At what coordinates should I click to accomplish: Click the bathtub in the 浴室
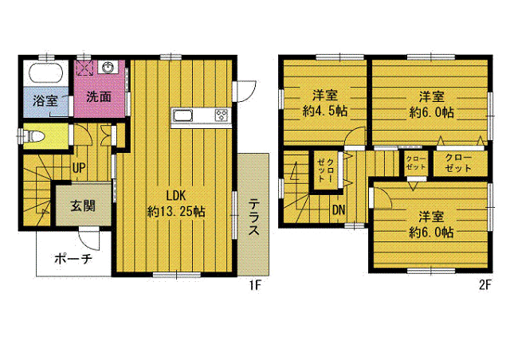click(45, 73)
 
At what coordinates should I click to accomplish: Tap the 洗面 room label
click(99, 96)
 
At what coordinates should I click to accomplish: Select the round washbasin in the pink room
click(108, 68)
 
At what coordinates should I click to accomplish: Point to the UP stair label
click(79, 168)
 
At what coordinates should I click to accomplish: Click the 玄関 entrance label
click(83, 205)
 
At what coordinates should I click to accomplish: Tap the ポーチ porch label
click(73, 259)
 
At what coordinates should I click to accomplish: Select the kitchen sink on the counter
click(182, 115)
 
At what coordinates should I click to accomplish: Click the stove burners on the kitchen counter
click(222, 115)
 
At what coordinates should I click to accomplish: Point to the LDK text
click(175, 196)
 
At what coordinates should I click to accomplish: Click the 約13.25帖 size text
click(176, 212)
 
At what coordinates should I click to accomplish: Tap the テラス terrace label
click(253, 217)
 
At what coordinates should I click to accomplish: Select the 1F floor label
click(255, 285)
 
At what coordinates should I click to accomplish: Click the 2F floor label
click(484, 285)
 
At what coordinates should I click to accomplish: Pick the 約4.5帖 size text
click(325, 112)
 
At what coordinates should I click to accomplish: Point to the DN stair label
click(339, 210)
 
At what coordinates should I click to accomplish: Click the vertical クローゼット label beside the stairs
click(326, 170)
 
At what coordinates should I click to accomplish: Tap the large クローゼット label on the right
click(458, 163)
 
